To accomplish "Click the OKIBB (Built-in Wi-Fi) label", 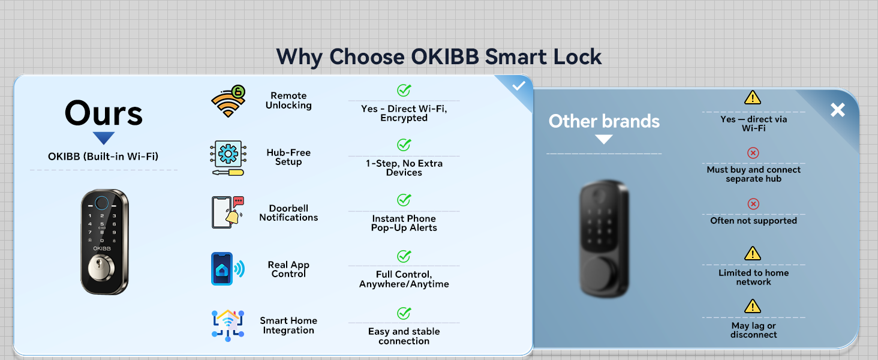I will tap(103, 157).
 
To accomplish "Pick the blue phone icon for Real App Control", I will tap(222, 268).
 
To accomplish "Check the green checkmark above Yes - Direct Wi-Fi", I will tap(404, 91).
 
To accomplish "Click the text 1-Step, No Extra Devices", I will tap(404, 168).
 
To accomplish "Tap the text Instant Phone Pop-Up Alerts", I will tap(404, 223).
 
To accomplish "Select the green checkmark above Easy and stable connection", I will tap(404, 313).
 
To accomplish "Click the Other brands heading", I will tap(604, 121).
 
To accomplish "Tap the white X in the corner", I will tap(837, 110).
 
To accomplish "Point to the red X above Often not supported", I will tap(753, 204).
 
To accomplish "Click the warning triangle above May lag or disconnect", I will tap(753, 307).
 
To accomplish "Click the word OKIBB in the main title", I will tap(445, 57).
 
